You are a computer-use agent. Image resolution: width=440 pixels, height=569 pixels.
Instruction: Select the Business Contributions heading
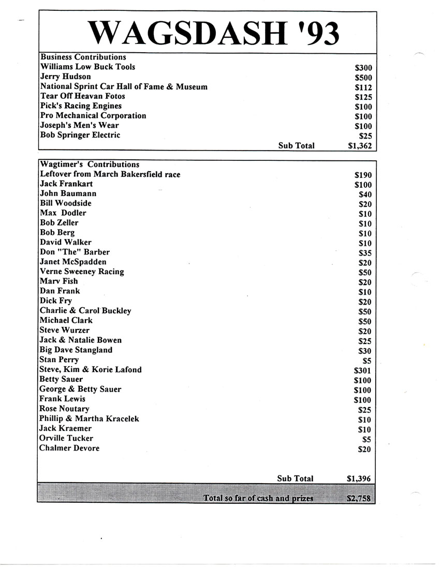pos(83,57)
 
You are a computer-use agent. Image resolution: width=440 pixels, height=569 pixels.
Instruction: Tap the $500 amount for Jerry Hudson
pos(363,78)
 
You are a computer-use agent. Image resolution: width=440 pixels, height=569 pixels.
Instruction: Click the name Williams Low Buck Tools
pos(87,67)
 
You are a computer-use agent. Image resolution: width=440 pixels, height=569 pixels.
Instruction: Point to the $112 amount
pos(363,87)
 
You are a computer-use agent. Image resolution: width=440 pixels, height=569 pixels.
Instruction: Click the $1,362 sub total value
pos(360,146)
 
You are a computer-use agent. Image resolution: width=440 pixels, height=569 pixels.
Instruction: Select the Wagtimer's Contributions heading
pos(90,164)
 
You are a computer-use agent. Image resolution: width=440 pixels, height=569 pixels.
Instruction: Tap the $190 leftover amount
pos(363,175)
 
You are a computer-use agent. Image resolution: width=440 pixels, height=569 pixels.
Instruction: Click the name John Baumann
pos(68,193)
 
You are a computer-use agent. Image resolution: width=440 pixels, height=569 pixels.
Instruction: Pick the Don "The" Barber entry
pos(75,252)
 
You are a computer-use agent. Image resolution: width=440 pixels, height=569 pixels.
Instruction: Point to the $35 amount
pos(365,253)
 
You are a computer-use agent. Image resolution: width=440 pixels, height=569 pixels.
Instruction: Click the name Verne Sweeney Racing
pos(82,272)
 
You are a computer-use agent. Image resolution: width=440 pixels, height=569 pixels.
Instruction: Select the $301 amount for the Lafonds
pos(363,371)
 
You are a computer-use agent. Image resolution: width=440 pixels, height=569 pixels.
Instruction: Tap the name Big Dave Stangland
pos(76,350)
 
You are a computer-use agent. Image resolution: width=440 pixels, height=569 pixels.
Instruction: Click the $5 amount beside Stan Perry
pos(366,361)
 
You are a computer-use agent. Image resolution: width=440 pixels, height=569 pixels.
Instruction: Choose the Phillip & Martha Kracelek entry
pos(89,418)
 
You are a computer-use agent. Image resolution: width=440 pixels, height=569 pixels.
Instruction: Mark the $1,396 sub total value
pos(359,479)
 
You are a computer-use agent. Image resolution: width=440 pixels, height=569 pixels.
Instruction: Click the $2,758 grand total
pos(359,499)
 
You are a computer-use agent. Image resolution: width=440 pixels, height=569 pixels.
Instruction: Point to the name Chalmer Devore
pos(69,448)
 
